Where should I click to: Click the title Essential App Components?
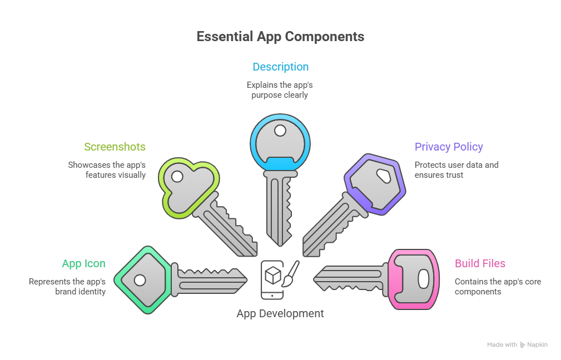coord(280,37)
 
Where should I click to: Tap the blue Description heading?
coord(280,67)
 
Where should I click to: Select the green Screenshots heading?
coord(115,147)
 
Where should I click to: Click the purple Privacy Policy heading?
coord(449,147)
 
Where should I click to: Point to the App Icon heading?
coord(83,263)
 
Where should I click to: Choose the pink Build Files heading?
coord(480,263)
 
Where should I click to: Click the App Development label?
coord(280,313)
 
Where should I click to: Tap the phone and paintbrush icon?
coord(280,279)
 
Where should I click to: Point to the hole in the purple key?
coord(383,176)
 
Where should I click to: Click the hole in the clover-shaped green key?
coord(177,177)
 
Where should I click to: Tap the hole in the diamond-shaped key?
coord(140,280)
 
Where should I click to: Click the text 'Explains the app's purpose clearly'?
coord(280,90)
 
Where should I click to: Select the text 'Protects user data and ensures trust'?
coord(456,169)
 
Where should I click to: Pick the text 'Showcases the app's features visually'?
coord(107,169)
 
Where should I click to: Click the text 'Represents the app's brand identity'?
coord(67,286)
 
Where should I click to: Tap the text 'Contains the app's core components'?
coord(498,286)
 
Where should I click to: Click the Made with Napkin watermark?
coord(517,344)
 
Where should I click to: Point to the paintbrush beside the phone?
coord(292,273)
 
